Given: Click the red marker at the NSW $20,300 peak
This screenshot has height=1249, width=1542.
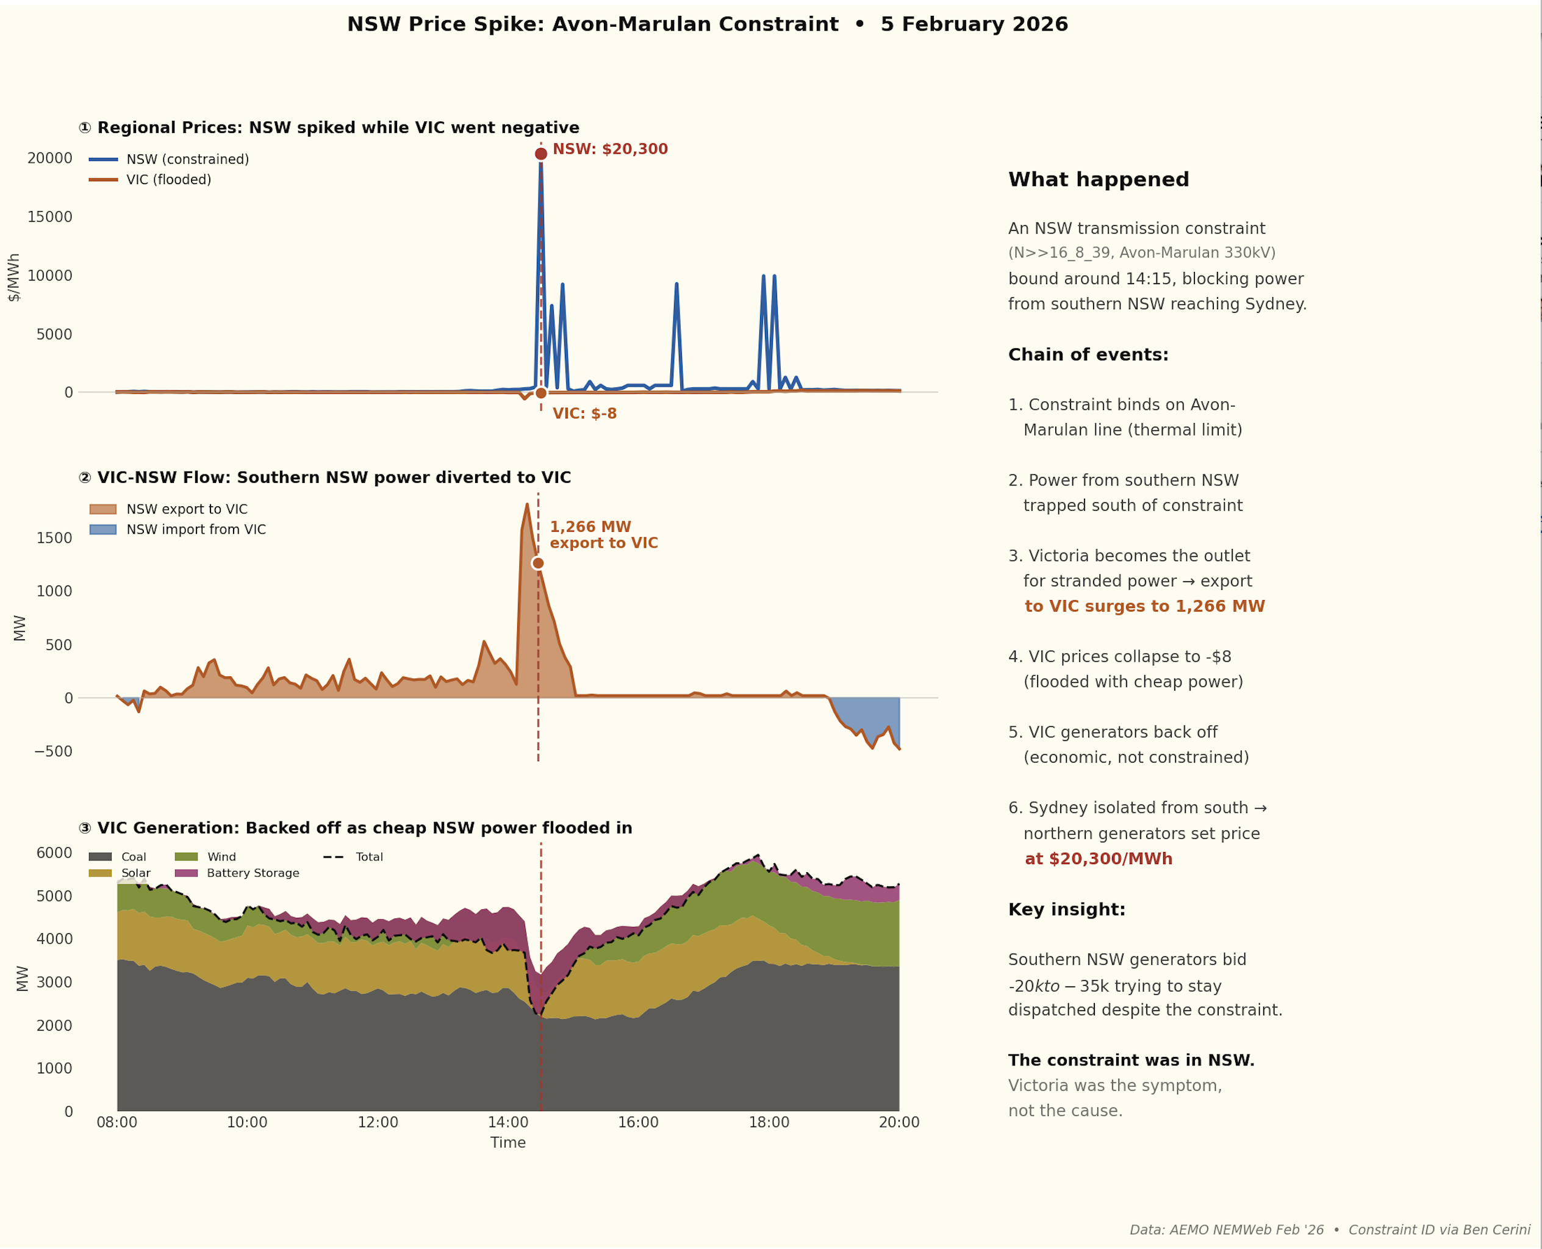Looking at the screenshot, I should pos(541,153).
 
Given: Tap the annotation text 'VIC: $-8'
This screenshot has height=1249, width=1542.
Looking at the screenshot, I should pos(584,413).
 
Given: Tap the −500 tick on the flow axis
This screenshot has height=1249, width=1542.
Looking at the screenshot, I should pos(53,751).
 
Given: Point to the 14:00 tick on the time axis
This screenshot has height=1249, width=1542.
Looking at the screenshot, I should pos(508,1122).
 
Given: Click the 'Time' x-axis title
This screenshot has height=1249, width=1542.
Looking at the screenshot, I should pos(508,1142).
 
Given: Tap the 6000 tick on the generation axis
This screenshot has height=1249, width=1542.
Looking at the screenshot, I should pos(55,853).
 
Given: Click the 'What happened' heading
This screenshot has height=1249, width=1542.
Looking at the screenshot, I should pos(1098,179).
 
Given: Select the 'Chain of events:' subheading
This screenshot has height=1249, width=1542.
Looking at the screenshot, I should pos(1088,355).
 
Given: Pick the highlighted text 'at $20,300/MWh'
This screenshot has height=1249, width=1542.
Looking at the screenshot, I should pos(1098,859).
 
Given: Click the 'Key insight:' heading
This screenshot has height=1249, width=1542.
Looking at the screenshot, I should pos(1066,909).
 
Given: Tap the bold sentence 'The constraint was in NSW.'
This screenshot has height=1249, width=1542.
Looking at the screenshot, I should pos(1131,1061).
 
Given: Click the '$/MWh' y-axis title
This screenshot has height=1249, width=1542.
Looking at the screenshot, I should pos(13,277).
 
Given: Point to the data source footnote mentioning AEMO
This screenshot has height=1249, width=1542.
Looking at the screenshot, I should pos(1330,1229).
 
